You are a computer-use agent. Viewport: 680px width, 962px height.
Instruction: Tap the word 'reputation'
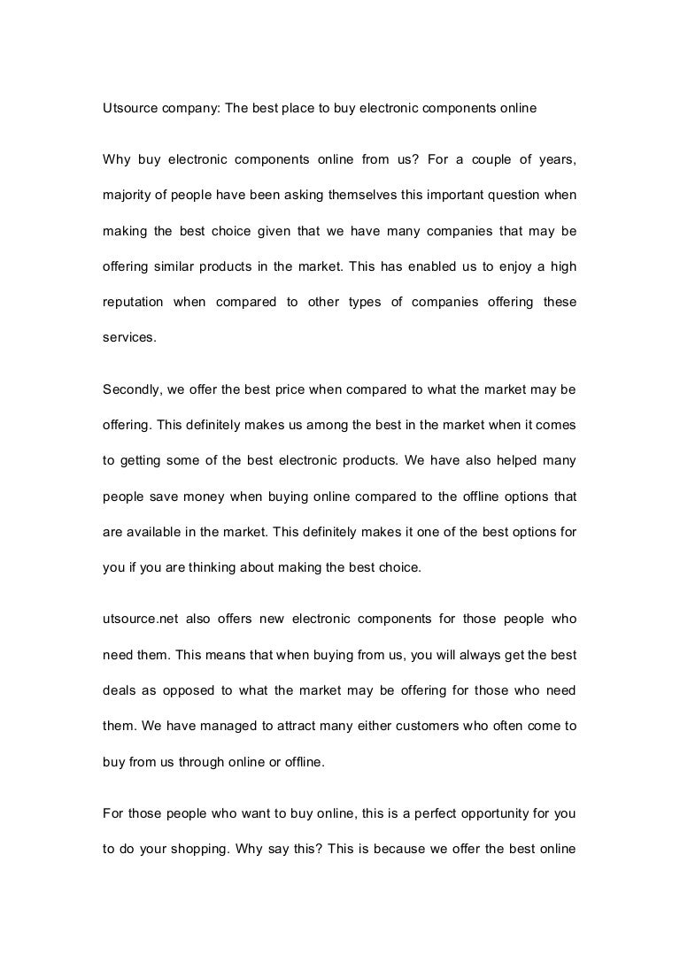[x=133, y=302]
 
